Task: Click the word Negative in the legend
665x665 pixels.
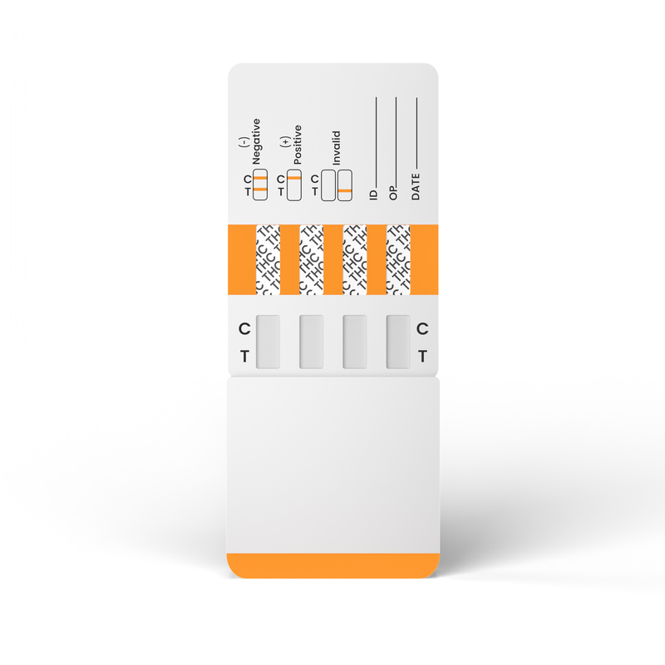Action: click(256, 141)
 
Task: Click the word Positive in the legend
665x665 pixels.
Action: click(298, 145)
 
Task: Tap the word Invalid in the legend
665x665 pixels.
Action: click(337, 148)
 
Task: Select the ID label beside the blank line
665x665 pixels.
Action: click(373, 195)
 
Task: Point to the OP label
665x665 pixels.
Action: click(393, 193)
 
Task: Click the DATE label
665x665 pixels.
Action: click(415, 186)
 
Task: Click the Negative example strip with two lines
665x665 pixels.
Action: click(260, 185)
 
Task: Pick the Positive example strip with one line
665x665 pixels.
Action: click(294, 185)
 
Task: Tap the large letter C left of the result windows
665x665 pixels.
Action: click(244, 328)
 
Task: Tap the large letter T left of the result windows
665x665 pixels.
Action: click(244, 357)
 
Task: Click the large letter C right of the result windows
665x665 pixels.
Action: click(422, 328)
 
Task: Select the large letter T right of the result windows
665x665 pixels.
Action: click(422, 357)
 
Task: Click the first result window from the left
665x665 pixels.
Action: click(268, 342)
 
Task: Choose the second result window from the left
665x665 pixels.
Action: click(311, 342)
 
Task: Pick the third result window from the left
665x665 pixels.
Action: click(355, 342)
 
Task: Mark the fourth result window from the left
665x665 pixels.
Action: click(398, 342)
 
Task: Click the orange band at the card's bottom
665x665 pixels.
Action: click(333, 566)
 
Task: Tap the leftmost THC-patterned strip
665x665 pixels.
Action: click(268, 259)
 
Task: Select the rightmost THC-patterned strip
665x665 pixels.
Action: click(398, 259)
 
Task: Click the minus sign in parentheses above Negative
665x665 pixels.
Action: click(243, 142)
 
